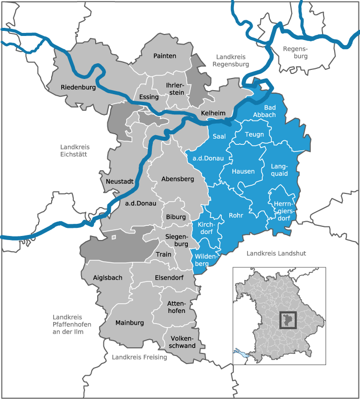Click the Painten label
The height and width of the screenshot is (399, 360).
click(165, 56)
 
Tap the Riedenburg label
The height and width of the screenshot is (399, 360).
click(78, 88)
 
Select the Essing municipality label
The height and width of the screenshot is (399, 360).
click(149, 97)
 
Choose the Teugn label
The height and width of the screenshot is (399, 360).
click(254, 134)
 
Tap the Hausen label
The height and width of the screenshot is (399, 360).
click(243, 171)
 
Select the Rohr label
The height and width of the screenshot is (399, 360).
click(236, 215)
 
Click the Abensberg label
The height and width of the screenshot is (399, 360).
click(177, 179)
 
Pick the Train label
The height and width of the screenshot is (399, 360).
click(164, 254)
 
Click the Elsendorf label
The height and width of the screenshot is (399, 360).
click(169, 277)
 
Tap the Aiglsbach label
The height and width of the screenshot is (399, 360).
click(108, 277)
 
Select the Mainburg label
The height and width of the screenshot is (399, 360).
click(130, 323)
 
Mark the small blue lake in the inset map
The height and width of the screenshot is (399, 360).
click(239, 353)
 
